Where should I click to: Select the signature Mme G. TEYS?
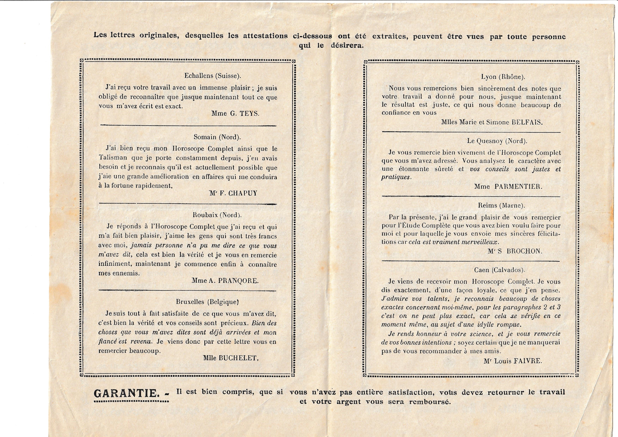[x=235, y=113]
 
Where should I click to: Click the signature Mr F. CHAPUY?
[x=233, y=193]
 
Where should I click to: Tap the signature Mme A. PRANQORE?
[x=225, y=281]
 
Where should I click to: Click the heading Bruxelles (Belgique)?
[x=207, y=302]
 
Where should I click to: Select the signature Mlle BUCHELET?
[x=231, y=358]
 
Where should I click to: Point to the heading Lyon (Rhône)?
[x=503, y=77]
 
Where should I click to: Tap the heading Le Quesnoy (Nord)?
[x=497, y=141]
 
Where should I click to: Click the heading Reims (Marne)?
[x=501, y=206]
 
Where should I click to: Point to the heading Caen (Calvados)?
[x=500, y=270]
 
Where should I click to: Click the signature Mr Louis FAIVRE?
[x=513, y=361]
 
